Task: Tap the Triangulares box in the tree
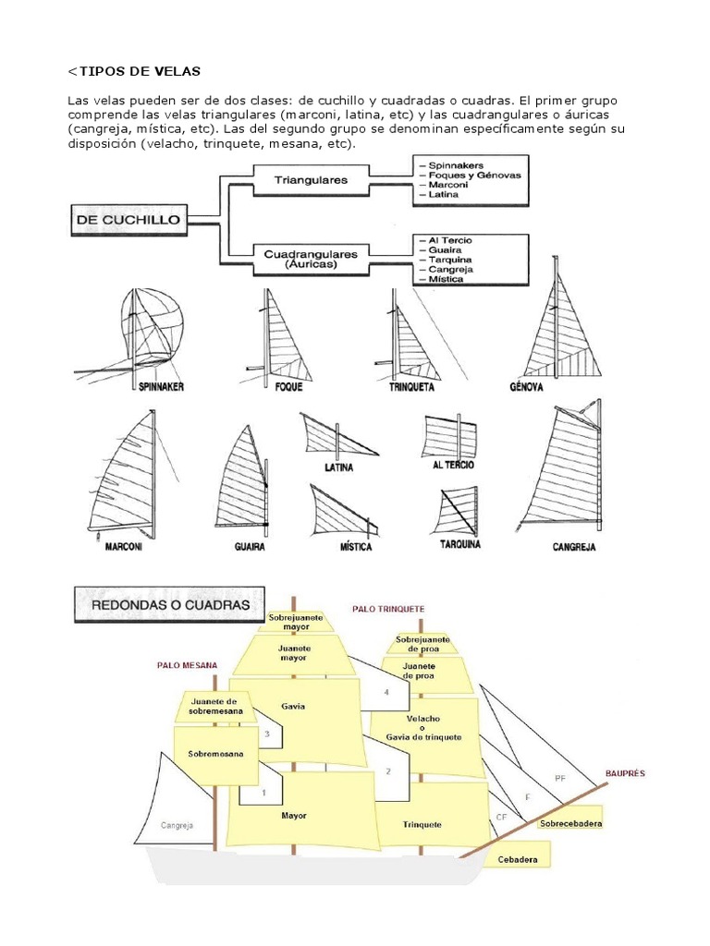point(311,180)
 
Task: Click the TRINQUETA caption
point(411,387)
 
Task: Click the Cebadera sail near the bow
point(517,859)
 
